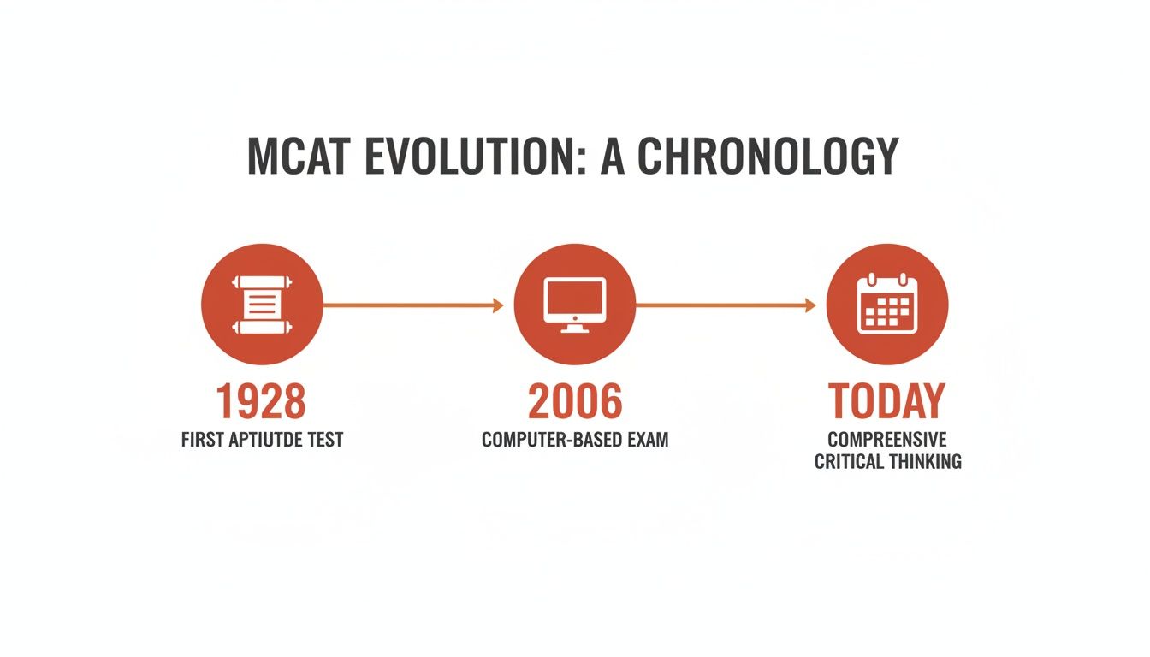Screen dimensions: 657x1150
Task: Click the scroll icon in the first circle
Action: pos(261,305)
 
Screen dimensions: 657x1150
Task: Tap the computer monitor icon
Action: pos(574,304)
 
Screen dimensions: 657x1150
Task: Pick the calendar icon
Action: pos(886,304)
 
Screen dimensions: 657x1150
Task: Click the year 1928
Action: pos(261,401)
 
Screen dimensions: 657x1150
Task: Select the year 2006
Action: pos(574,401)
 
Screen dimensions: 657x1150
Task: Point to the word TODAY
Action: pos(886,401)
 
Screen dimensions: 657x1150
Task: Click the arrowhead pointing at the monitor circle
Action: pos(498,305)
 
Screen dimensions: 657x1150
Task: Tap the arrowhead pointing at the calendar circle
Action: pos(810,305)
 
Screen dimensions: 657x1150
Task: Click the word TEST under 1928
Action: pos(325,441)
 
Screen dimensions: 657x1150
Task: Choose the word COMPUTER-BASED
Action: pos(552,441)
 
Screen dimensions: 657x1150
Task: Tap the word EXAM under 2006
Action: pos(648,441)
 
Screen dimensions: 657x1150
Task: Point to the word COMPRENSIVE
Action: pos(886,440)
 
